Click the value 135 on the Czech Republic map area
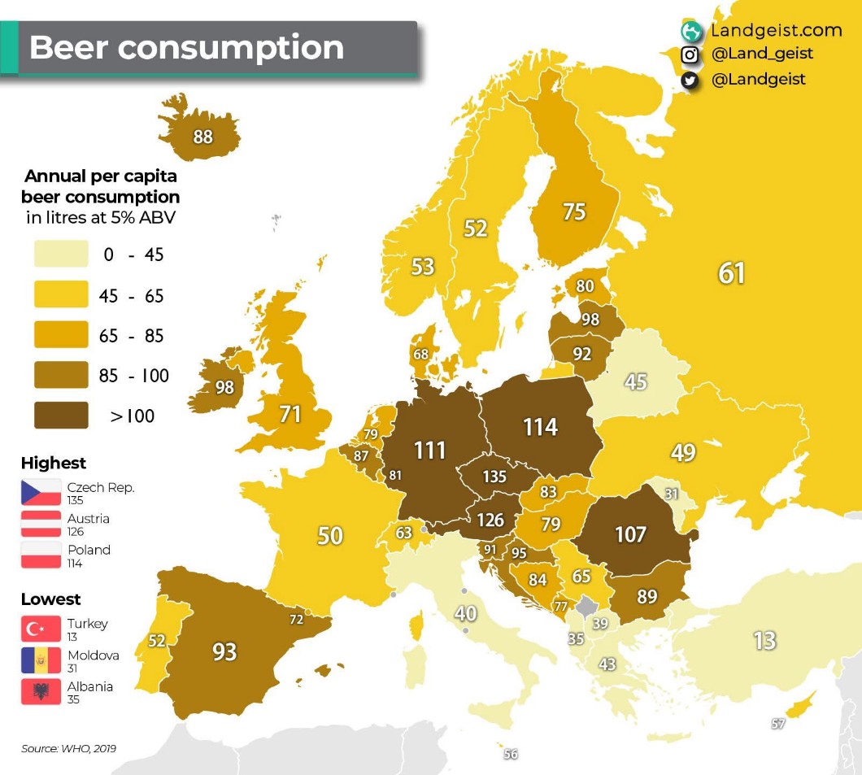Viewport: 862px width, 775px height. click(x=494, y=477)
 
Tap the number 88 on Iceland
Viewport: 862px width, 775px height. click(x=202, y=137)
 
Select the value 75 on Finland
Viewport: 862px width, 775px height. click(x=574, y=211)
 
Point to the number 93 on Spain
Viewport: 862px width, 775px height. click(x=224, y=651)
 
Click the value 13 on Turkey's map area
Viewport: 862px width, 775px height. click(x=764, y=640)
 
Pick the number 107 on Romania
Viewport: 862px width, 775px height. click(x=630, y=534)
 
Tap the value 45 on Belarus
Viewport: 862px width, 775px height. click(x=635, y=381)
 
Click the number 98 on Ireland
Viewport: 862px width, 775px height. click(x=224, y=388)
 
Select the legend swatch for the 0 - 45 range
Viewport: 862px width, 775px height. click(x=61, y=254)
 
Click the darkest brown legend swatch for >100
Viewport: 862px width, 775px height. click(x=61, y=416)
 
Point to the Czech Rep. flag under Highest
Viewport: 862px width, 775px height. click(x=41, y=492)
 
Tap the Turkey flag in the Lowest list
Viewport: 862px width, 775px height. click(x=41, y=628)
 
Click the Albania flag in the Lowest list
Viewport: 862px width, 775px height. click(x=41, y=690)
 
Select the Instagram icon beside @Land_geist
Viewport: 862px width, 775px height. click(x=690, y=54)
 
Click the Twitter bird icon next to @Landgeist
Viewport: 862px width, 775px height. click(x=690, y=80)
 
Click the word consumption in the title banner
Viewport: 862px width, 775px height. click(x=230, y=47)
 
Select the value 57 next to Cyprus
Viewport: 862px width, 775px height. click(x=778, y=724)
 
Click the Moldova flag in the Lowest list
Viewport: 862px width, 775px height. click(x=41, y=660)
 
